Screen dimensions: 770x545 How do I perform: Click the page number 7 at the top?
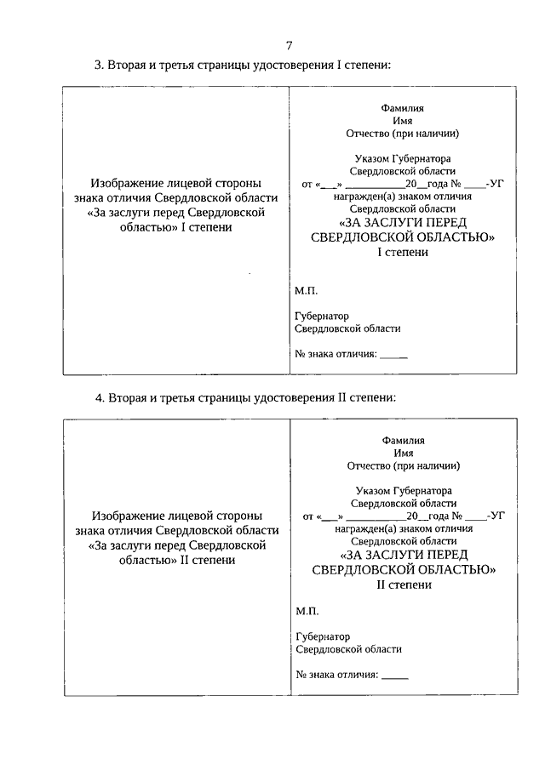point(290,45)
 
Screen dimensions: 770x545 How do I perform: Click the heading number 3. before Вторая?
point(99,66)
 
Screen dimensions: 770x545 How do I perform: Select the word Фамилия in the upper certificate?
point(403,108)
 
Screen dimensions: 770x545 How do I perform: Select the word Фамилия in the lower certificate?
point(404,440)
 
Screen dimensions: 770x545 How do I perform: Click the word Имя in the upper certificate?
point(403,121)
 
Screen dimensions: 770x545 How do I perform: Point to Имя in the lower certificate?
point(404,453)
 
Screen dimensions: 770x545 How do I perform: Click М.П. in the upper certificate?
point(306,290)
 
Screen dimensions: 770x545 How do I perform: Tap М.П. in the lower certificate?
point(307,612)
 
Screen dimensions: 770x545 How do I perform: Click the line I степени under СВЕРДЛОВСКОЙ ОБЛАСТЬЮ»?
point(403,252)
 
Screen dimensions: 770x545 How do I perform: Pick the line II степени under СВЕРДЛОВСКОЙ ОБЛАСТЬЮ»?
point(404,585)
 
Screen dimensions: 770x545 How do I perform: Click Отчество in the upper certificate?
point(367,134)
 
